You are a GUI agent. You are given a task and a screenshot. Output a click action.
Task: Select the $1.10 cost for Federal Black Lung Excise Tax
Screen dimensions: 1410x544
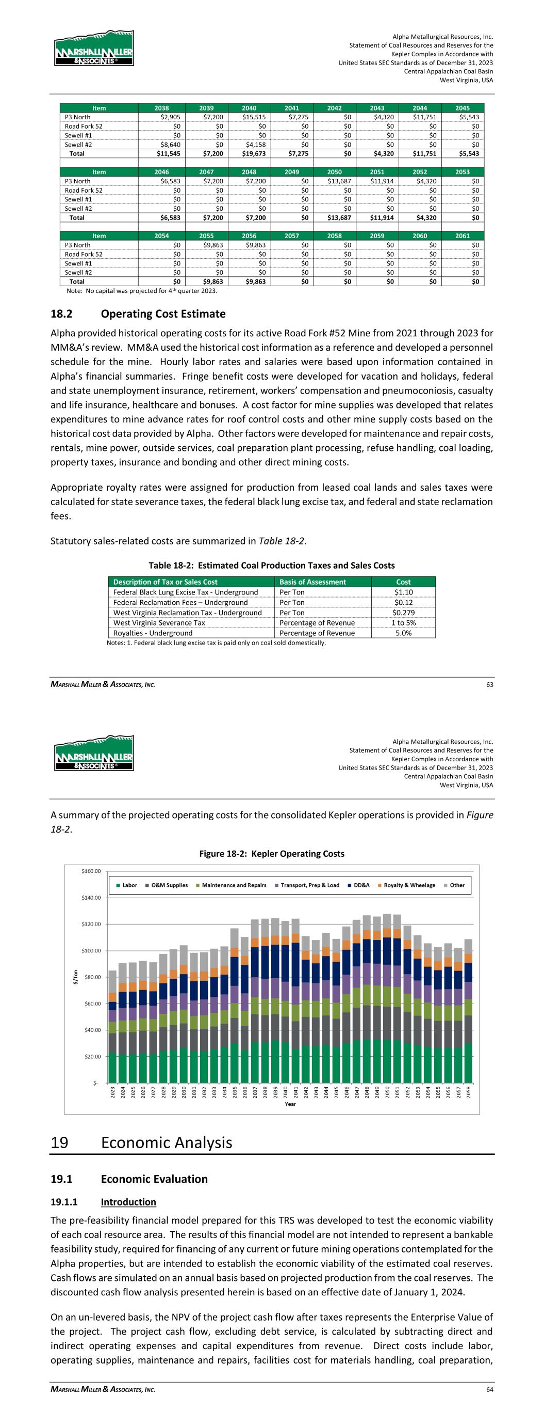tap(404, 592)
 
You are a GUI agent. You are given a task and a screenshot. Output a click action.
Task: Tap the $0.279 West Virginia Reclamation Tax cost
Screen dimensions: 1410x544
tap(404, 613)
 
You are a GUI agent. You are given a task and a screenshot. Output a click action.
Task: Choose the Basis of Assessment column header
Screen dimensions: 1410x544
tap(312, 582)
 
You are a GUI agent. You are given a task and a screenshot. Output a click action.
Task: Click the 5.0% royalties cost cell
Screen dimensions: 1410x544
tap(404, 633)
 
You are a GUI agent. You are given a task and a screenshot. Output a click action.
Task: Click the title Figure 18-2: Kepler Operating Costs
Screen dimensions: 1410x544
tap(272, 853)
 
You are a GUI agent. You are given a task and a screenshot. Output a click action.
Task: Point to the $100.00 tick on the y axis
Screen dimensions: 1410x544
tap(90, 950)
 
